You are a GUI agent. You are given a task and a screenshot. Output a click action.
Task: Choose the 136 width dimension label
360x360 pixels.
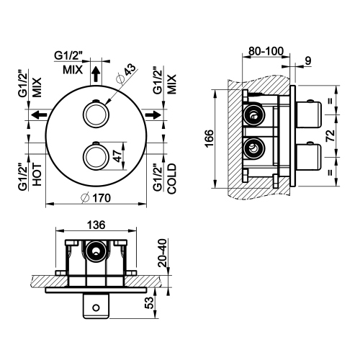(94, 223)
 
